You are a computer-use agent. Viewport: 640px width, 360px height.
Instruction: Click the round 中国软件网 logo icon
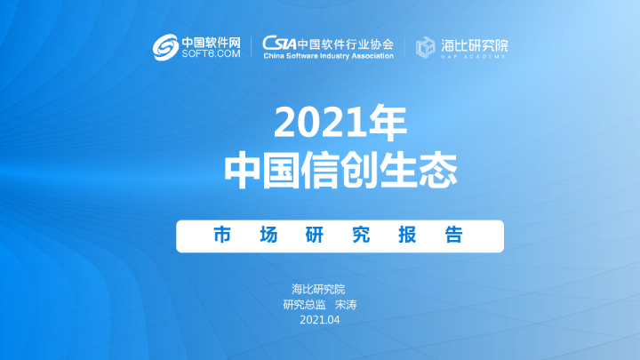click(x=165, y=47)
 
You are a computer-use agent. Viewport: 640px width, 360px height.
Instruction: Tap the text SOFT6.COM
click(x=211, y=54)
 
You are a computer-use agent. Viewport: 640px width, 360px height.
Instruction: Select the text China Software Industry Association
click(x=328, y=56)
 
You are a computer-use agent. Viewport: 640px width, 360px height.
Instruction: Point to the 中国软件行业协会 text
click(x=346, y=43)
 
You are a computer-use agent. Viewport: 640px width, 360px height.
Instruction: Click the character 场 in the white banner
click(x=269, y=236)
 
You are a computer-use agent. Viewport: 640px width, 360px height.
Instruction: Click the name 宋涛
click(x=346, y=304)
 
